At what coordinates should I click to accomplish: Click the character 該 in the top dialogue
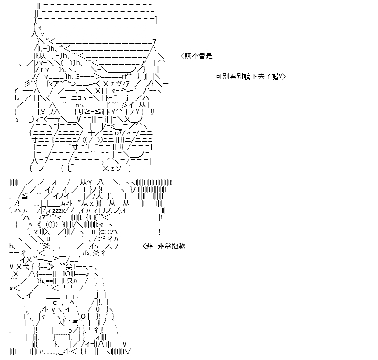(x=188, y=56)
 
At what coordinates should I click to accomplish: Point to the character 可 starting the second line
(x=219, y=77)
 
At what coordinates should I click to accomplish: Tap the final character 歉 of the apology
(x=182, y=246)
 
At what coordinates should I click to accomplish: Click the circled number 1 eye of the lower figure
(x=52, y=225)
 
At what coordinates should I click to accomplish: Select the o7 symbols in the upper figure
(x=119, y=133)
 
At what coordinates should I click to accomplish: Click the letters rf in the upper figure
(x=124, y=77)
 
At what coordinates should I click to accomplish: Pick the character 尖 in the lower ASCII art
(x=69, y=267)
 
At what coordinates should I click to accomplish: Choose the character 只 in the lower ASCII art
(x=69, y=281)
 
